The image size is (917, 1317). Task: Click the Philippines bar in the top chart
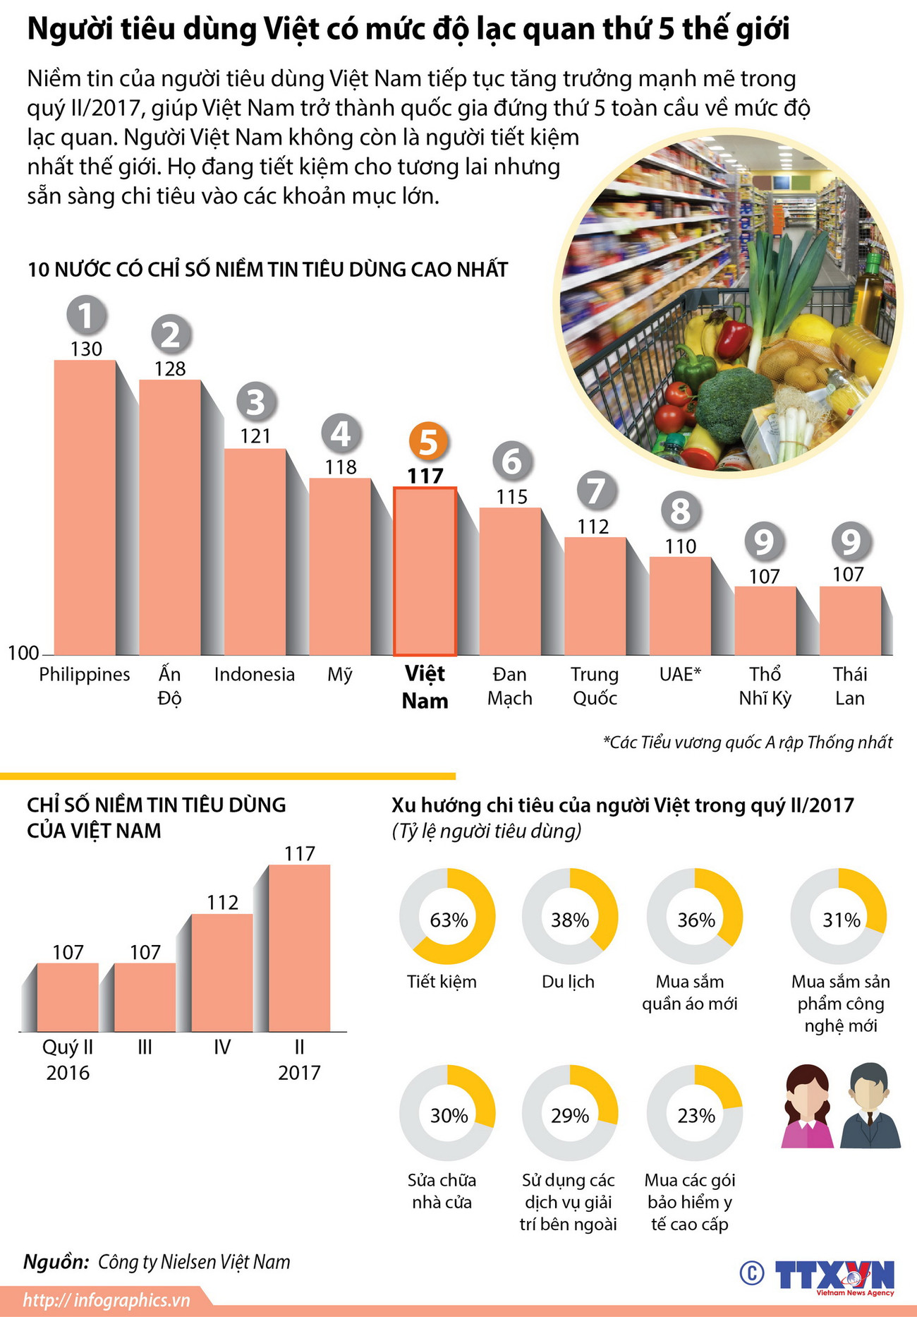(x=85, y=508)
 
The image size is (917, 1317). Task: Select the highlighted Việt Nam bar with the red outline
(x=425, y=572)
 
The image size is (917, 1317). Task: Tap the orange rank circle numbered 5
(x=428, y=443)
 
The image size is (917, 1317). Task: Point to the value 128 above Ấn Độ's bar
(x=170, y=368)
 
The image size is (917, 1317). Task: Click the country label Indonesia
(x=254, y=675)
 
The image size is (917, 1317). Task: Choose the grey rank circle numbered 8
(x=681, y=511)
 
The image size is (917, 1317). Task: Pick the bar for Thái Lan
(x=850, y=621)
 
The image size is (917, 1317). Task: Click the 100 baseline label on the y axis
(x=23, y=653)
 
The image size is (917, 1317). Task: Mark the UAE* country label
(x=680, y=675)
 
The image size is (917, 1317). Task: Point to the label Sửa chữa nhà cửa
(x=442, y=1191)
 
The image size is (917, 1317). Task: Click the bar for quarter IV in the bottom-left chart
(x=222, y=974)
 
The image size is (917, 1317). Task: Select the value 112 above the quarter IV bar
(x=222, y=903)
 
